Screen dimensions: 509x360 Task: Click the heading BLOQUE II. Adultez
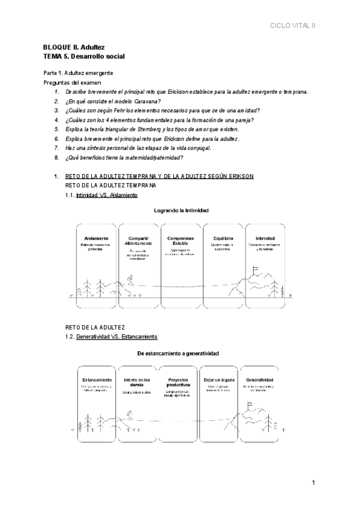pyautogui.click(x=74, y=47)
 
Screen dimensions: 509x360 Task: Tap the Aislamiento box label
pyautogui.click(x=97, y=238)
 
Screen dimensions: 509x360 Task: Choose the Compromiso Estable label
pyautogui.click(x=181, y=241)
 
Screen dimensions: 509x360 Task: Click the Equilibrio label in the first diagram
pyautogui.click(x=223, y=238)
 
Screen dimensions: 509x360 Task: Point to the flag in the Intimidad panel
pyautogui.click(x=256, y=271)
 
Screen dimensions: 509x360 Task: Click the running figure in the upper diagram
pyautogui.click(x=130, y=279)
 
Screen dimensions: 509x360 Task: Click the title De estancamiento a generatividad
pyautogui.click(x=178, y=353)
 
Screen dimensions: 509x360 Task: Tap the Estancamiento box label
pyautogui.click(x=96, y=380)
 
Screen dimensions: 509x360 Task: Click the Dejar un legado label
pyautogui.click(x=219, y=380)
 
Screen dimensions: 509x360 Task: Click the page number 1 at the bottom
pyautogui.click(x=313, y=483)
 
